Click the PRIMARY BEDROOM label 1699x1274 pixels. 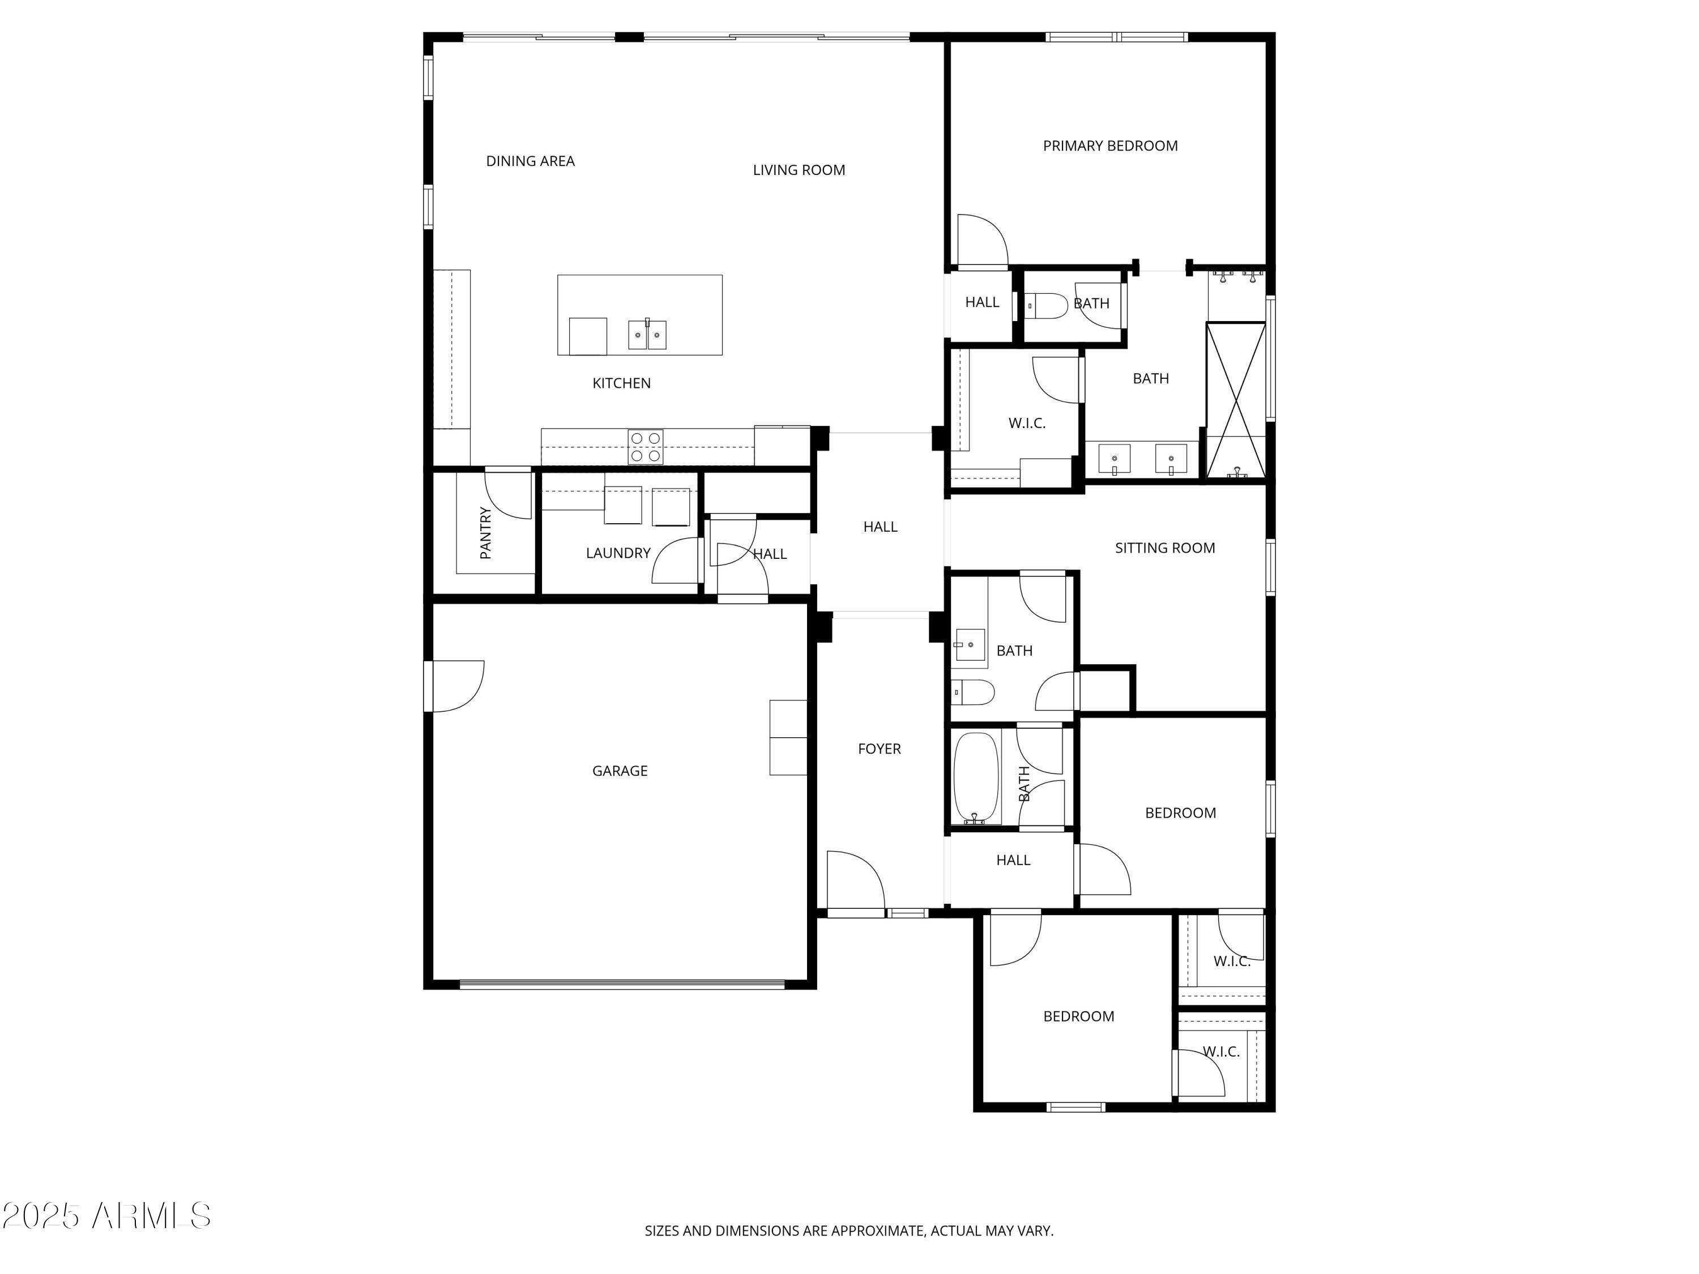[x=1110, y=146]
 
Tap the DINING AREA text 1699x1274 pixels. [x=530, y=161]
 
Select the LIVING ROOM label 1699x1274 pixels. [x=799, y=170]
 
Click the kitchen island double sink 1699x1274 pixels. [x=647, y=335]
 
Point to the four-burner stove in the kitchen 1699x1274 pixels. [x=645, y=447]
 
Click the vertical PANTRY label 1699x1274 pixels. [x=485, y=532]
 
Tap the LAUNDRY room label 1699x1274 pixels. [x=617, y=553]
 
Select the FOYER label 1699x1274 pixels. [x=879, y=749]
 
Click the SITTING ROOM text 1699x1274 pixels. [x=1164, y=548]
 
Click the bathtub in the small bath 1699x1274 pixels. [x=975, y=779]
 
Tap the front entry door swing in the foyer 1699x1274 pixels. [x=855, y=880]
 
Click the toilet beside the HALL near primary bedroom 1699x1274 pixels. [x=1046, y=306]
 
